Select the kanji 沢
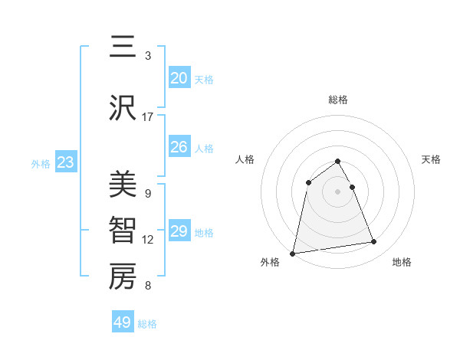point(123,109)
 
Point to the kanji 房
point(123,277)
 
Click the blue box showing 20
point(179,78)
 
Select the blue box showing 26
point(179,147)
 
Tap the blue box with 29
point(179,231)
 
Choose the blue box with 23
point(65,162)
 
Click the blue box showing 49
point(123,322)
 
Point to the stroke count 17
point(148,117)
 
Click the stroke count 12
point(148,240)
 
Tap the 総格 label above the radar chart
point(338,100)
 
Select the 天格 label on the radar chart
point(432,159)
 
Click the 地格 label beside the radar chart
point(402,263)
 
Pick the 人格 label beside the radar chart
point(245,159)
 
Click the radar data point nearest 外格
point(293,253)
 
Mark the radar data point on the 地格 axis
point(374,242)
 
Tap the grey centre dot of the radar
point(338,191)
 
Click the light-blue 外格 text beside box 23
point(41,163)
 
